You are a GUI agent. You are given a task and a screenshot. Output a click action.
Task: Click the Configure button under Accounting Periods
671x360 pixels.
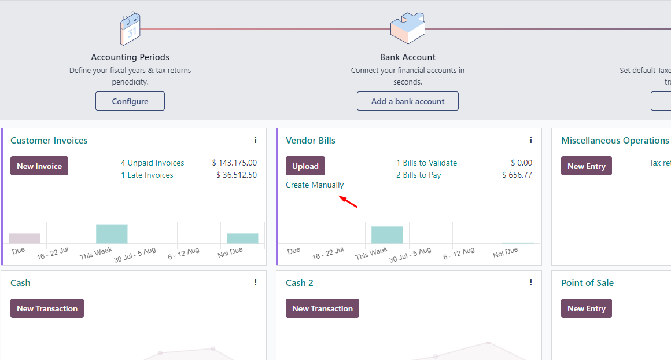pos(130,101)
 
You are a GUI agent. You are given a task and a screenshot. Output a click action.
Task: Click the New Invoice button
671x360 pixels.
pos(39,166)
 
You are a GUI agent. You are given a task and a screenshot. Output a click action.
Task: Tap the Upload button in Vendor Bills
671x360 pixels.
pos(305,166)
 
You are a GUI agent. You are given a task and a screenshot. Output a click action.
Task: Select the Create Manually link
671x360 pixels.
pos(315,185)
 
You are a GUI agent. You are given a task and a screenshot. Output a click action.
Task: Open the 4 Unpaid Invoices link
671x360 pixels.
pos(152,163)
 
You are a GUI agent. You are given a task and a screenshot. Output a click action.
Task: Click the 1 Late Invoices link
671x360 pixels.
pos(147,175)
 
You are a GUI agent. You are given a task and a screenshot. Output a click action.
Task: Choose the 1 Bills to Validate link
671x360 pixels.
pos(426,163)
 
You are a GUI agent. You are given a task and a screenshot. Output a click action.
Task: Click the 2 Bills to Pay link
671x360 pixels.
pos(418,175)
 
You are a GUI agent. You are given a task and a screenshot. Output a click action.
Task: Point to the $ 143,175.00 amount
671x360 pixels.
pos(234,163)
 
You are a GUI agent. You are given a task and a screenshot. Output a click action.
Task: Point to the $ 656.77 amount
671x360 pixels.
pos(517,175)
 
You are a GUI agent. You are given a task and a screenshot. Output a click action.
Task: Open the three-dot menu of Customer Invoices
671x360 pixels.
pos(255,140)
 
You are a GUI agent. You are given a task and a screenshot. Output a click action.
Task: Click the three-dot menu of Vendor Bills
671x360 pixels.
pos(530,140)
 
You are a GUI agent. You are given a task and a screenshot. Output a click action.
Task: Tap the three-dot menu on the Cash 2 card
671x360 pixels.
pos(530,282)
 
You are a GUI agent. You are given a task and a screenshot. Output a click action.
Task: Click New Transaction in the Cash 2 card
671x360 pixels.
pos(322,308)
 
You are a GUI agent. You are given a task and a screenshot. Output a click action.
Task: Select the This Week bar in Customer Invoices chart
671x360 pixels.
pos(112,234)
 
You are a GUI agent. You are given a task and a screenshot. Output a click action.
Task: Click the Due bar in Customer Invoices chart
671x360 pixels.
pos(25,238)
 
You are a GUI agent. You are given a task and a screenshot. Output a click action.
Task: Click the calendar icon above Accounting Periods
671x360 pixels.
pos(130,28)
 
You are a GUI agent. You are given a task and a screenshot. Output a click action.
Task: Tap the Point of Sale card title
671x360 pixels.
pos(587,283)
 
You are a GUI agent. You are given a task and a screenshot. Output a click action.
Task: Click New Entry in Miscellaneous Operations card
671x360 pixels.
pos(586,166)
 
